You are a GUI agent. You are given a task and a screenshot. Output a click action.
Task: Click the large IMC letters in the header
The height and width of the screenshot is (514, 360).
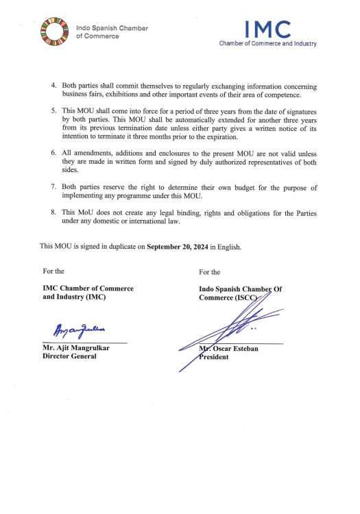(268, 29)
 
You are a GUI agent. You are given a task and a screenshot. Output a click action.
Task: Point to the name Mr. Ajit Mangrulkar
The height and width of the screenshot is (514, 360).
(77, 347)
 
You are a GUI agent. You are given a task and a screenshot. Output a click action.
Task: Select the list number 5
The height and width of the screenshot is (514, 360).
(55, 110)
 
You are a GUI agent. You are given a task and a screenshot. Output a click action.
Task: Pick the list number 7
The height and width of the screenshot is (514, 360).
(55, 186)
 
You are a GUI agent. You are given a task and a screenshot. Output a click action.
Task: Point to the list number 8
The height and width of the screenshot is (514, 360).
(55, 213)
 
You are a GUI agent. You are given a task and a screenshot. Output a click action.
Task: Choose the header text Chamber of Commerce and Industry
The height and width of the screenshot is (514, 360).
(267, 44)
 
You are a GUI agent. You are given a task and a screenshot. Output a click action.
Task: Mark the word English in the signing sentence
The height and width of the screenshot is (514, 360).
(228, 245)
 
